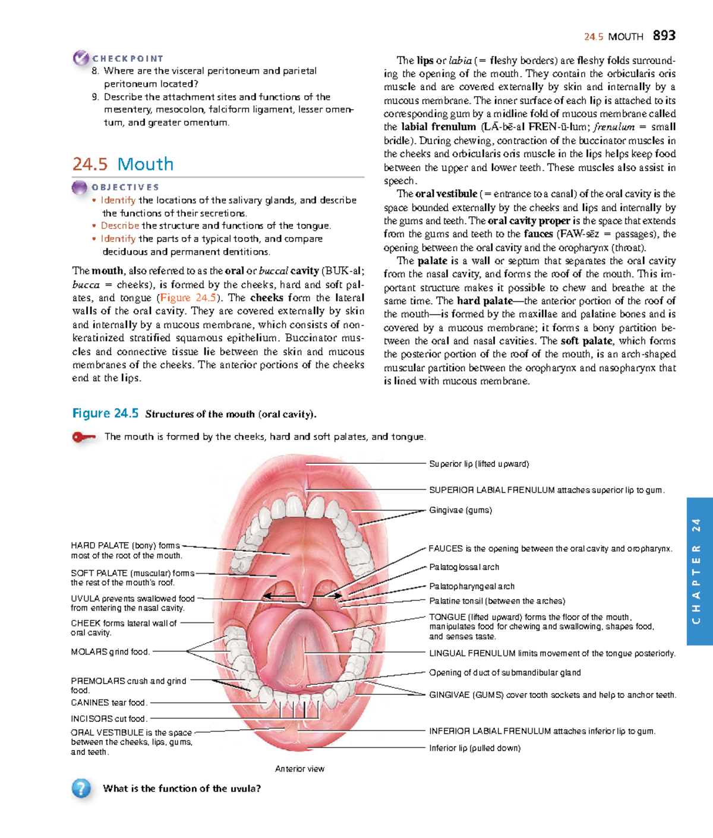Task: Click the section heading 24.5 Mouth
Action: coord(123,164)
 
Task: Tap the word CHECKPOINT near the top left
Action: coord(127,58)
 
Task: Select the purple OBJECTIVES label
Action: coord(125,187)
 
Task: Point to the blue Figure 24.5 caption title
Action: coord(105,413)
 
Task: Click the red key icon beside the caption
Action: coord(83,437)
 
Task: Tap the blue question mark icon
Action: coord(81,788)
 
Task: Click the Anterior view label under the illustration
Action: coord(299,769)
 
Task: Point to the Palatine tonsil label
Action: coord(497,601)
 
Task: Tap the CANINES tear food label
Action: coord(108,703)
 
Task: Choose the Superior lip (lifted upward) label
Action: coord(479,464)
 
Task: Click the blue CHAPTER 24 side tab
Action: coord(699,571)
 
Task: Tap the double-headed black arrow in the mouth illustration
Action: coord(303,595)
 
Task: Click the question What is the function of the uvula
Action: coord(182,789)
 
